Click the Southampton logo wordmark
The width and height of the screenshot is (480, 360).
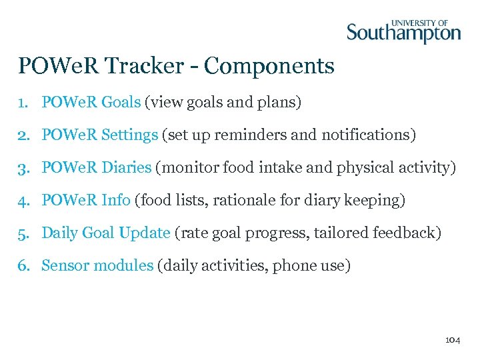403,33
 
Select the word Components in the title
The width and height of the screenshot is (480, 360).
269,66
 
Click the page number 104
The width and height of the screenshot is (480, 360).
452,340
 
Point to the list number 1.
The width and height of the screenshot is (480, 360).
23,103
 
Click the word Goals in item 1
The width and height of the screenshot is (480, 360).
121,103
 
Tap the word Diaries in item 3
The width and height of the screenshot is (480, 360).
127,168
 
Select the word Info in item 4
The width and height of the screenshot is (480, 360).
117,200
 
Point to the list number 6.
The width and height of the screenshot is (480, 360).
23,265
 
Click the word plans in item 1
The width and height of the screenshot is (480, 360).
281,103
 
